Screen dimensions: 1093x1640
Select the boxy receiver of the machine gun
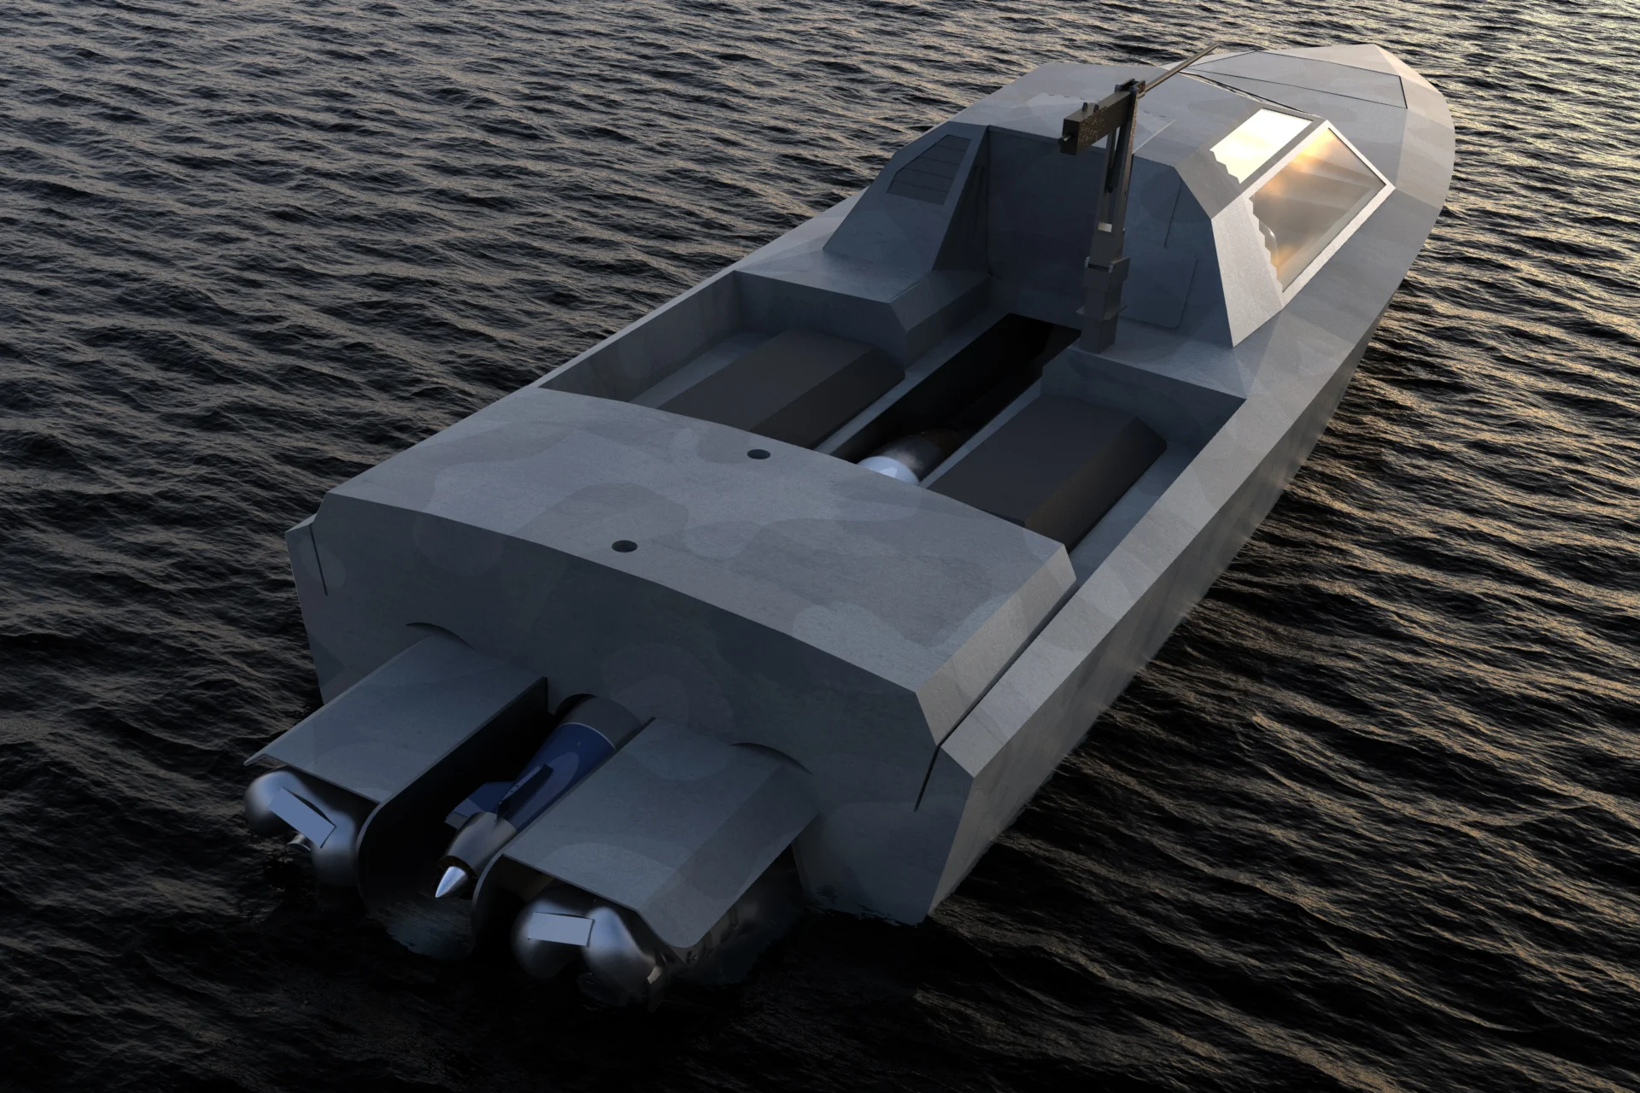coord(1093,120)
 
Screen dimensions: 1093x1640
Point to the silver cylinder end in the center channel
coord(888,465)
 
